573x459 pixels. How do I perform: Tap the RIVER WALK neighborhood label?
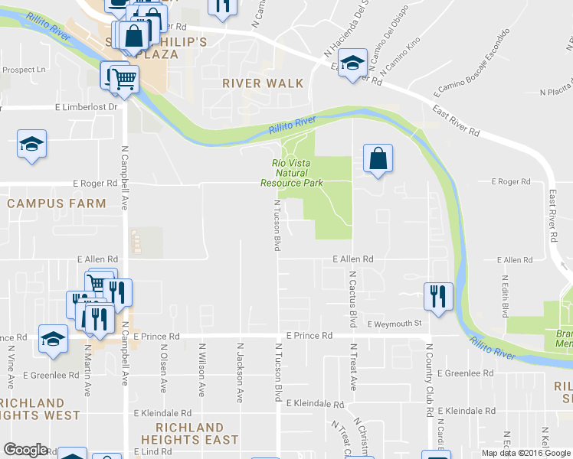(263, 83)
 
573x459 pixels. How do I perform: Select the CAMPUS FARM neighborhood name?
(57, 203)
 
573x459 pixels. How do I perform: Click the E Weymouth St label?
(395, 324)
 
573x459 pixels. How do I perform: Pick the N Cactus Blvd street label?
(353, 299)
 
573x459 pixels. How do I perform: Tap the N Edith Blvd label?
(506, 297)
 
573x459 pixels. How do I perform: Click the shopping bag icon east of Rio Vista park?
(378, 159)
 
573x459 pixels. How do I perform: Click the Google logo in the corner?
(26, 451)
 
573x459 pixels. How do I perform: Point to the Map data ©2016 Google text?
(526, 453)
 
